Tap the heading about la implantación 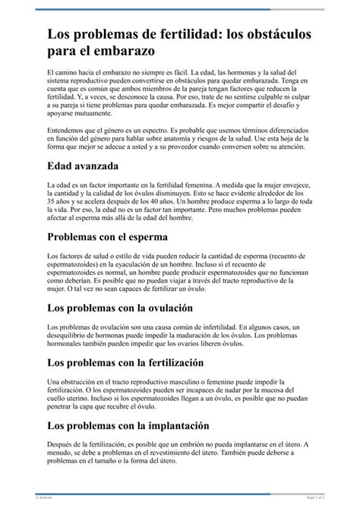tap(128, 426)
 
